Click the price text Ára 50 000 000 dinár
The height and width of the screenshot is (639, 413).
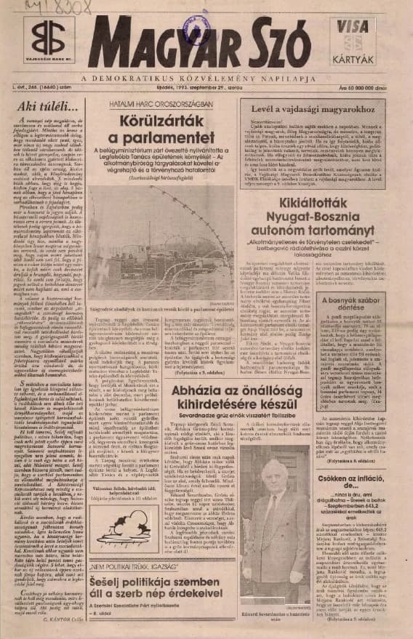click(373, 89)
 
